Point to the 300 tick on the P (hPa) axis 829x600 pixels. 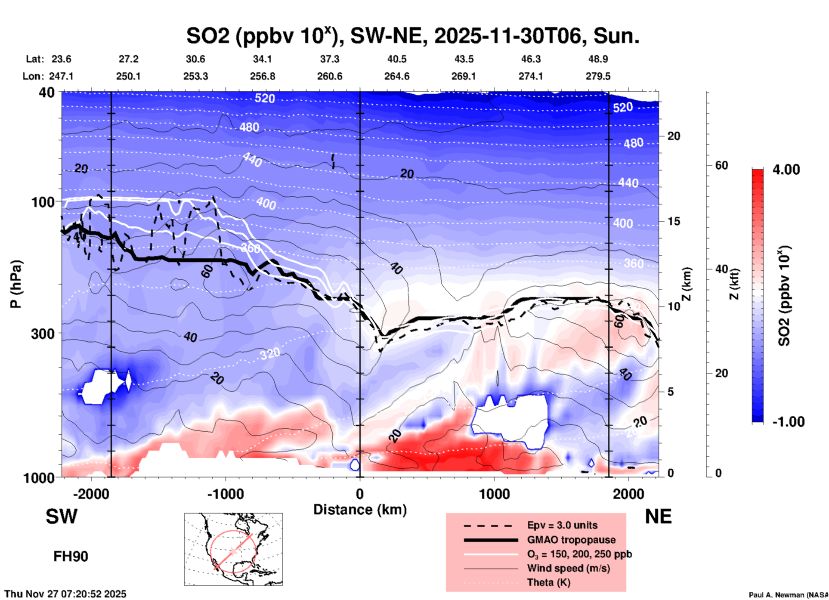[x=43, y=334]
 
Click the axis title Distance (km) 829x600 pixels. [x=360, y=510]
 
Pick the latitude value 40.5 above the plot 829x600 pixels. [x=396, y=59]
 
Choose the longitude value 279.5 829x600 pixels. [x=597, y=76]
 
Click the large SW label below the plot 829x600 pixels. [x=62, y=516]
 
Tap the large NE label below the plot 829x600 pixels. [x=658, y=516]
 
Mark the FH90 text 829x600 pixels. [x=71, y=557]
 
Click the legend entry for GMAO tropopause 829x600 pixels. [x=571, y=540]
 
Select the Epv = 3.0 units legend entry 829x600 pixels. [x=562, y=525]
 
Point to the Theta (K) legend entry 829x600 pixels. [x=548, y=582]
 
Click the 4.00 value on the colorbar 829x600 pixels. [x=786, y=170]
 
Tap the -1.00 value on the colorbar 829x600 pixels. [x=788, y=422]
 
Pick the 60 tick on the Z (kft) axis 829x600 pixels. [x=721, y=165]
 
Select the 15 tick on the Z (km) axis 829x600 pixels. [x=674, y=221]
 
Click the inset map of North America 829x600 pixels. [x=233, y=549]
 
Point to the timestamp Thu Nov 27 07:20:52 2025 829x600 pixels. [x=65, y=594]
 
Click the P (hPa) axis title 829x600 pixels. [x=16, y=284]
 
